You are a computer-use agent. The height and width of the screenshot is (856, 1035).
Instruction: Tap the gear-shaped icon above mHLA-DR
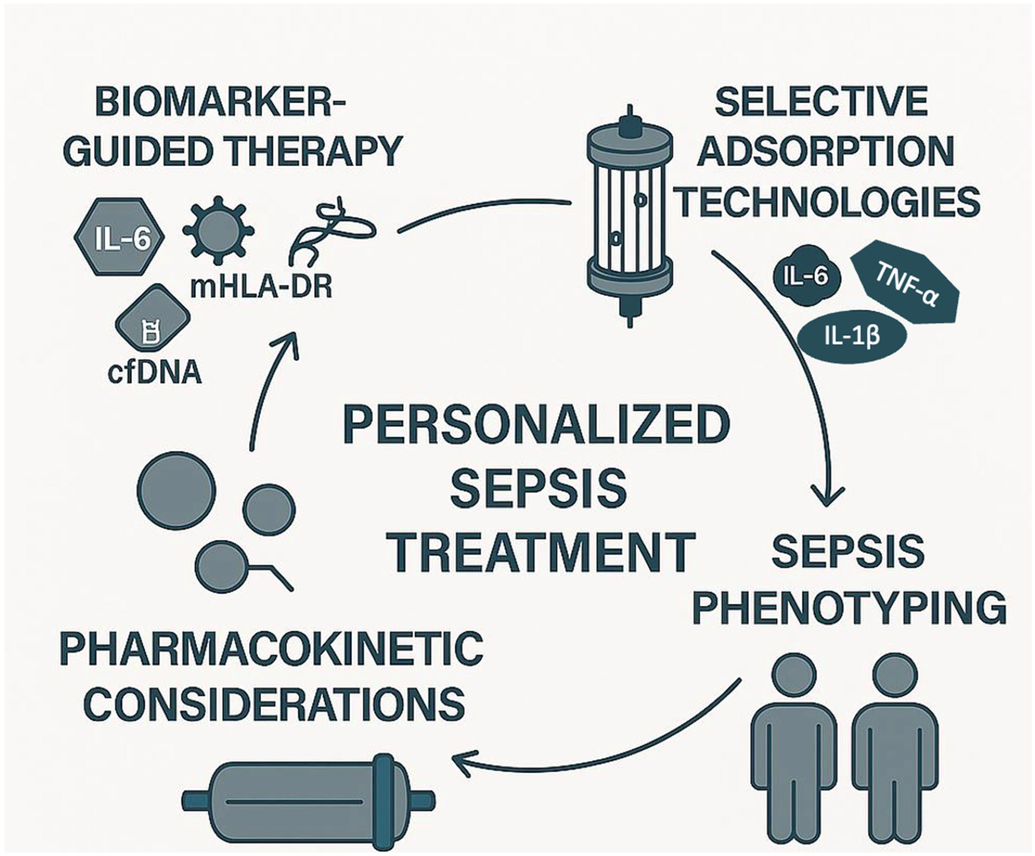click(x=218, y=230)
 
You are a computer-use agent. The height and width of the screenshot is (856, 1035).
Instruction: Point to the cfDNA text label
click(x=154, y=373)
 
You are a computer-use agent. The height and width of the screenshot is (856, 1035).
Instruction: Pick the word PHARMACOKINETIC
click(x=271, y=649)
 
